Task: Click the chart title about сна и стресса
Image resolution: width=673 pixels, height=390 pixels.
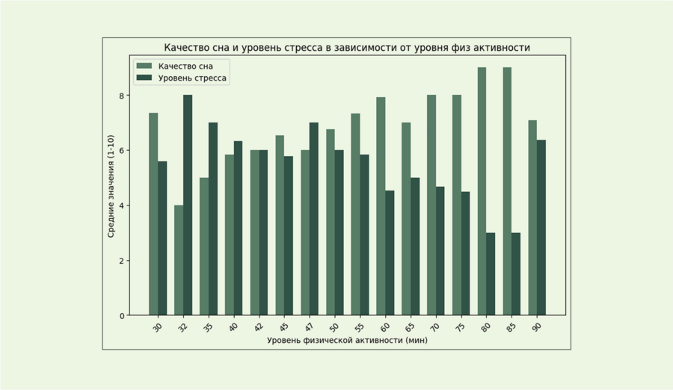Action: click(347, 48)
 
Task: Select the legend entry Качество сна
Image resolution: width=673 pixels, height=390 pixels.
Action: click(185, 66)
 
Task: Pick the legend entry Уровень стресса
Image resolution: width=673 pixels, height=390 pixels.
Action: click(192, 78)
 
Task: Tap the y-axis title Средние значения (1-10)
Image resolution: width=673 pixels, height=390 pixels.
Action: click(111, 186)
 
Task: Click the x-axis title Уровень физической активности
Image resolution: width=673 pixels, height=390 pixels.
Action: click(347, 340)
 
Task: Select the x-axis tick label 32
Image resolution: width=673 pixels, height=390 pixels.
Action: click(182, 326)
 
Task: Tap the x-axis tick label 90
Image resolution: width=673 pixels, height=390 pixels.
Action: click(537, 326)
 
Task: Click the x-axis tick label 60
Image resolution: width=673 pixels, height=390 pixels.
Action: click(385, 326)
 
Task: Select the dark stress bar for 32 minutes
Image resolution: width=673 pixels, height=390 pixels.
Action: click(188, 205)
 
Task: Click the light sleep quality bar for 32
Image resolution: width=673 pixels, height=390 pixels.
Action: click(179, 260)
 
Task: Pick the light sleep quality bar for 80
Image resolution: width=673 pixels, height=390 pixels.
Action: click(482, 191)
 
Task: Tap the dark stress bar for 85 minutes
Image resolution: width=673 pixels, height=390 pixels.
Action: click(516, 274)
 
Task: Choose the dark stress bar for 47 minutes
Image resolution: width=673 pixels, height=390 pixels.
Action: click(314, 219)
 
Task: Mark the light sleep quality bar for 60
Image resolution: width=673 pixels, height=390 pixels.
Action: click(381, 206)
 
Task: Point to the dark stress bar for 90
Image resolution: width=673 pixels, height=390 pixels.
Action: click(541, 228)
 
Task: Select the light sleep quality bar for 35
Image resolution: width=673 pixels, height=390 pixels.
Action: click(204, 247)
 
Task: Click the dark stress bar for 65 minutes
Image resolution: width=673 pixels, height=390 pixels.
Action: click(415, 247)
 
